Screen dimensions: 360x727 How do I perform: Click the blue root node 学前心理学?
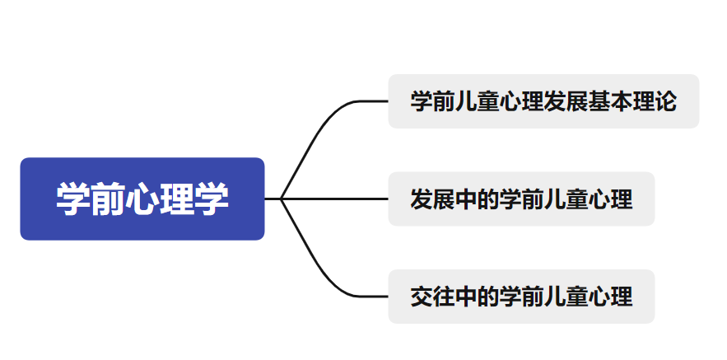point(142,199)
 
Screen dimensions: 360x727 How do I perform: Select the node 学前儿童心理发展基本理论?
point(543,101)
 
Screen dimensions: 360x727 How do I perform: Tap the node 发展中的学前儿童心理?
point(521,199)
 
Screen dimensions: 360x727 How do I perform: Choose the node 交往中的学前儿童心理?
point(521,296)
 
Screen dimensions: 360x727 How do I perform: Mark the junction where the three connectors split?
point(282,199)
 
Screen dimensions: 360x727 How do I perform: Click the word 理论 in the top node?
point(654,101)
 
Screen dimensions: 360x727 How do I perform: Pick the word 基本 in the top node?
point(609,101)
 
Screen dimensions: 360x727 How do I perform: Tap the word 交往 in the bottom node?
point(433,296)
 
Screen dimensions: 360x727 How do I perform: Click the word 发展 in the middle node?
point(433,199)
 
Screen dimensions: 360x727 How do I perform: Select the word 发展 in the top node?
point(565,101)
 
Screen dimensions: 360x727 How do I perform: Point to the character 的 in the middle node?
point(488,199)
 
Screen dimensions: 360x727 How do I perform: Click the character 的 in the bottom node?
point(488,296)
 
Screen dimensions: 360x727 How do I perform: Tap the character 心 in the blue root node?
point(142,199)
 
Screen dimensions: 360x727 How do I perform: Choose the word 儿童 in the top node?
point(477,101)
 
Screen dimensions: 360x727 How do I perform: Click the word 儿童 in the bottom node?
point(566,296)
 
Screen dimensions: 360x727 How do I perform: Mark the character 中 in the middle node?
point(466,199)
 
